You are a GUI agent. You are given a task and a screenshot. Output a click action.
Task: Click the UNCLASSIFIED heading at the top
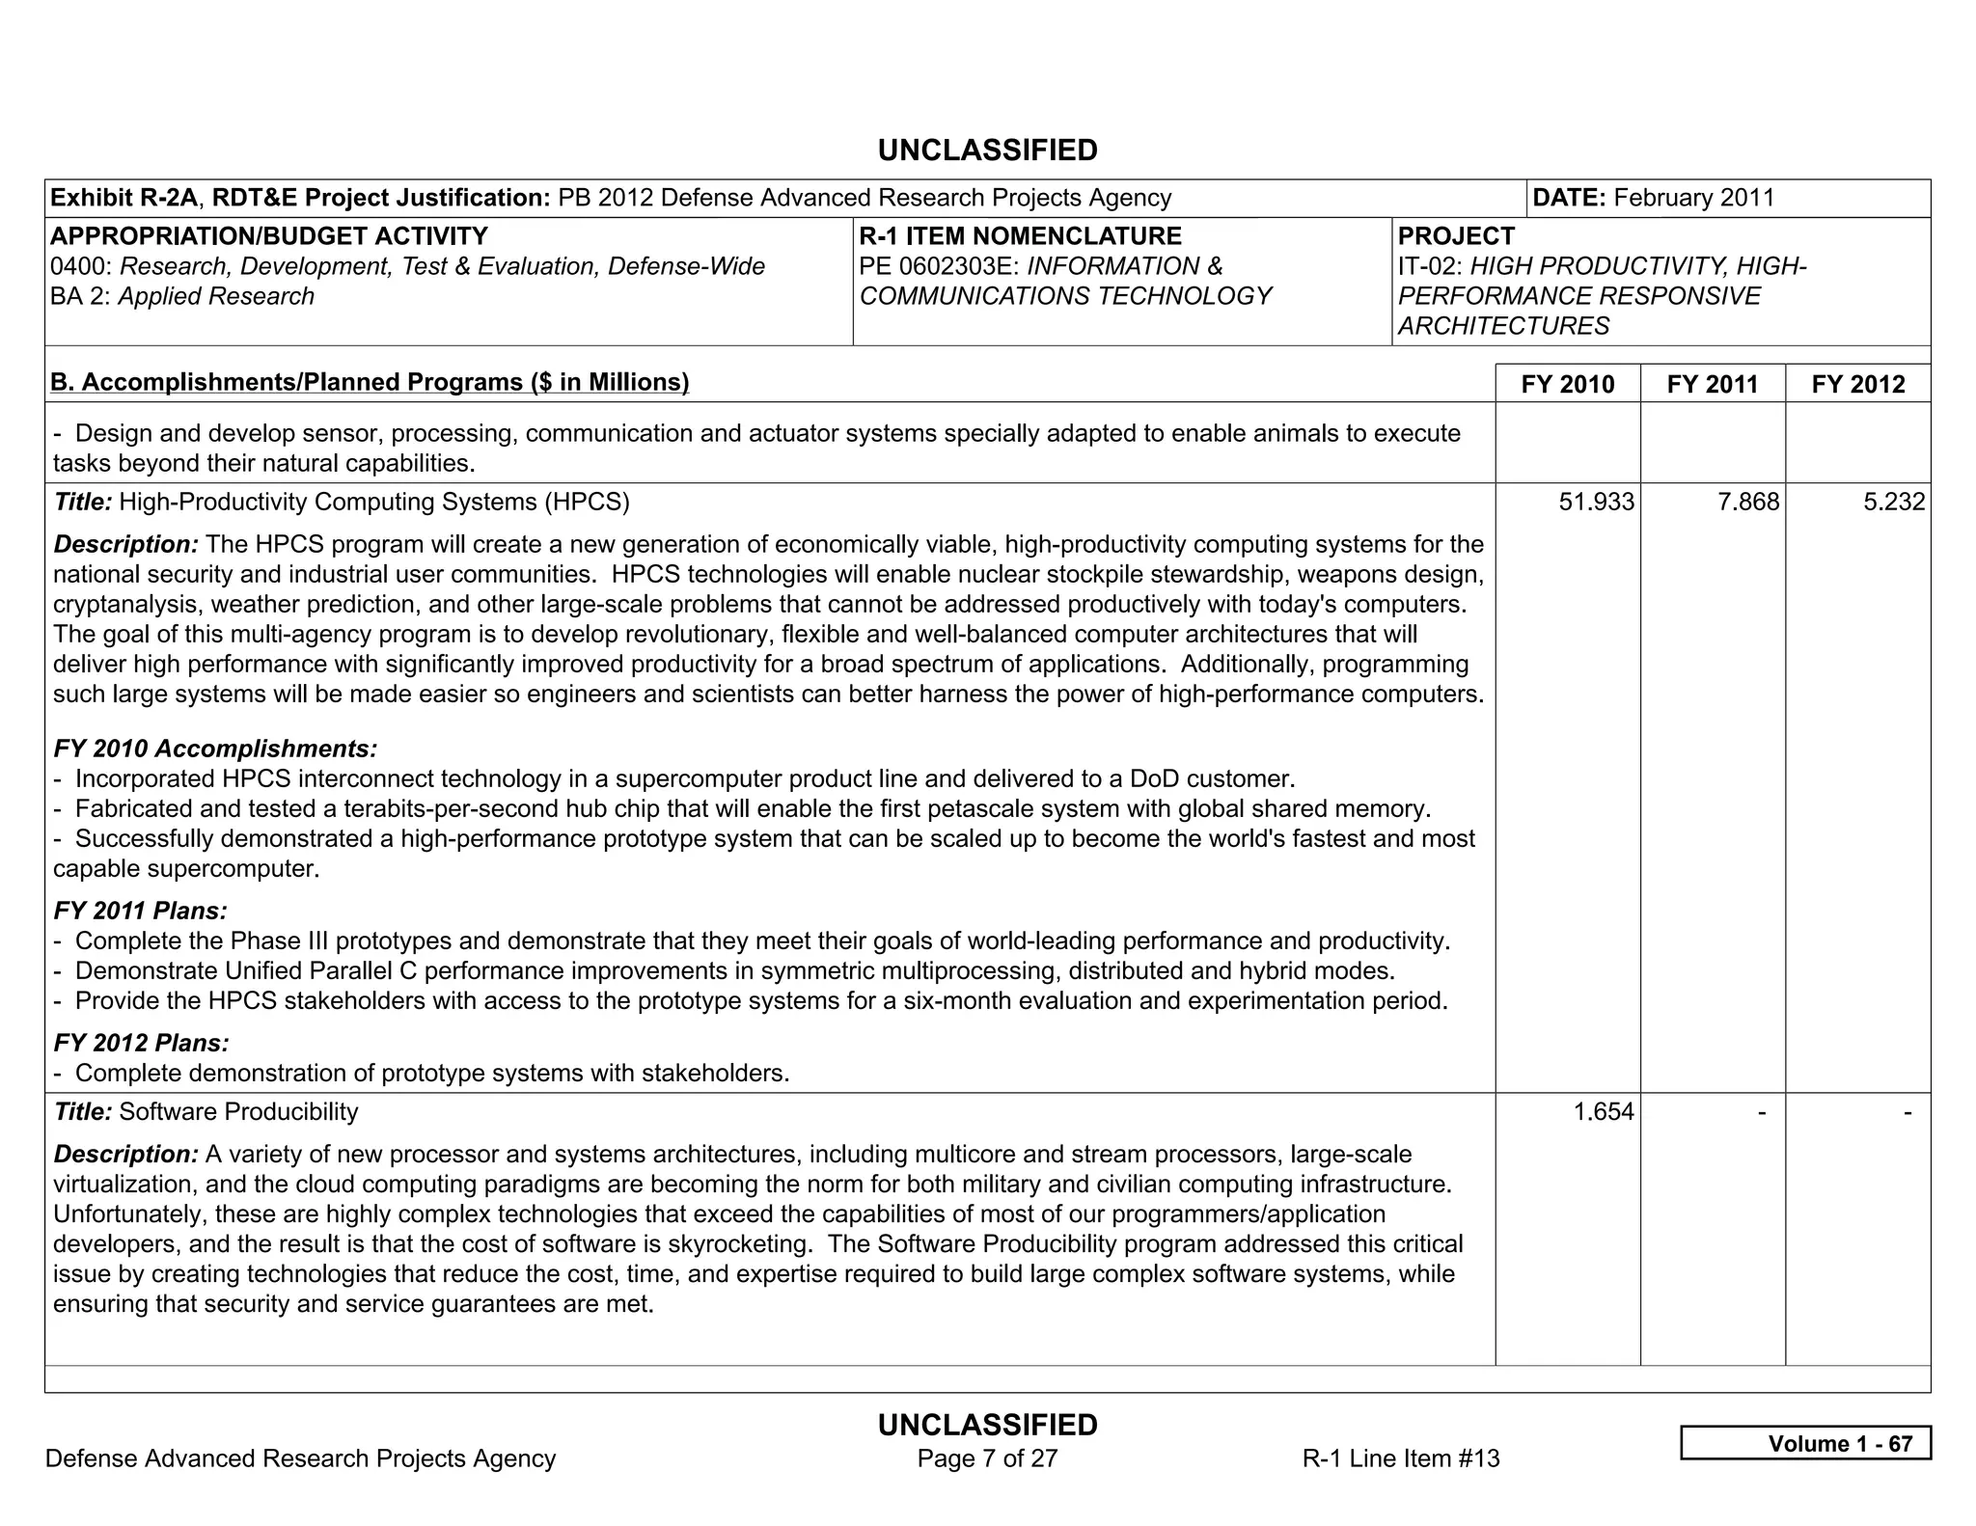click(x=987, y=150)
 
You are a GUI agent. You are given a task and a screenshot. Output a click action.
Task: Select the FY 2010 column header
click(x=1567, y=384)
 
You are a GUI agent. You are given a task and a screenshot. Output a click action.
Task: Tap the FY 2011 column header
click(x=1712, y=384)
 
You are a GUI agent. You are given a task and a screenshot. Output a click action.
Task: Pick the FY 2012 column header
click(x=1857, y=384)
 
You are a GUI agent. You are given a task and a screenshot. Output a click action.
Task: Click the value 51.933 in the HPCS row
click(x=1596, y=502)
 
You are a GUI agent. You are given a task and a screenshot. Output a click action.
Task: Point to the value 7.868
click(x=1747, y=502)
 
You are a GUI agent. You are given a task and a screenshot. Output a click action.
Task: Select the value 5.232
click(x=1893, y=502)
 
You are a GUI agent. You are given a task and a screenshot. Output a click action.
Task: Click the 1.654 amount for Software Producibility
click(x=1603, y=1111)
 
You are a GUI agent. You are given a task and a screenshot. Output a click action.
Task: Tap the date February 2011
click(x=1693, y=198)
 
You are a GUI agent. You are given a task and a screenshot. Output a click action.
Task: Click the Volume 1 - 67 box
click(x=1805, y=1443)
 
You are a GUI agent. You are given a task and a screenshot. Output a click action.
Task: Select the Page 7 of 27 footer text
click(x=987, y=1458)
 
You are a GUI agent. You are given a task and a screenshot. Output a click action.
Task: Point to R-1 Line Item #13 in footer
click(x=1400, y=1458)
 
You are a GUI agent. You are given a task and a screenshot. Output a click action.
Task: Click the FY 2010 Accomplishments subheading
click(x=215, y=749)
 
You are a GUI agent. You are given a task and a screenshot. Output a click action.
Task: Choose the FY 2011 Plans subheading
click(x=141, y=911)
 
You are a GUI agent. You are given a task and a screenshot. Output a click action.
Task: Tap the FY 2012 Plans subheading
click(x=142, y=1043)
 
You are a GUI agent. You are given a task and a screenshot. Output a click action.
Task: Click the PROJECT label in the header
click(x=1456, y=236)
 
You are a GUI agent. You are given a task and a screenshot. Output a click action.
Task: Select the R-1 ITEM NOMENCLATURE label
click(x=1020, y=236)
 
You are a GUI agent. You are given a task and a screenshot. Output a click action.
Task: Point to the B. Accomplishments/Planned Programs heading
click(x=370, y=382)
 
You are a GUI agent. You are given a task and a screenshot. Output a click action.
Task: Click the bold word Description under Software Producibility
click(x=125, y=1154)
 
